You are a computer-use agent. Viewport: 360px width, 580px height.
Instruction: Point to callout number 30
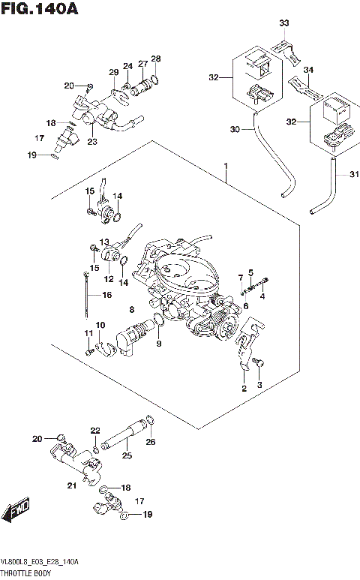click(234, 130)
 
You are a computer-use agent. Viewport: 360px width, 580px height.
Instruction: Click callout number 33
click(283, 24)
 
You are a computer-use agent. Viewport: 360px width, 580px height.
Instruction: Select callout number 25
click(127, 455)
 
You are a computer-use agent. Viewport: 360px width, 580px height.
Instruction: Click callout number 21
click(72, 486)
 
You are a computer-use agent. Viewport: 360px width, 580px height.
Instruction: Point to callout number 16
click(108, 296)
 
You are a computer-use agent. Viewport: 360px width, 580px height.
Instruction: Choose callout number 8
click(131, 309)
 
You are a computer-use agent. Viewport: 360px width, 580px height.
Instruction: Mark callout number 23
click(92, 140)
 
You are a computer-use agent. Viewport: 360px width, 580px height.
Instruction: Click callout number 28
click(155, 59)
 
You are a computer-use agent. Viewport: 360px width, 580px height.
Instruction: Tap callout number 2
click(243, 389)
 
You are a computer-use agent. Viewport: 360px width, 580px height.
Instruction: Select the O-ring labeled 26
click(150, 420)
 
